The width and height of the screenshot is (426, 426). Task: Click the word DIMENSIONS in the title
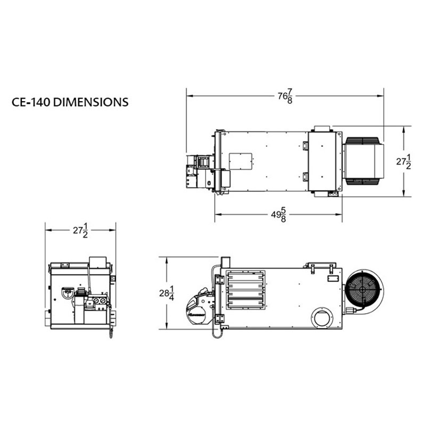[91, 102]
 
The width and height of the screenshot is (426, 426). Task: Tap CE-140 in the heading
[31, 102]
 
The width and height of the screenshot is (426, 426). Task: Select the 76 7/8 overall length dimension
[285, 96]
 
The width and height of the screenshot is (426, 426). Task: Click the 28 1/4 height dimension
[167, 293]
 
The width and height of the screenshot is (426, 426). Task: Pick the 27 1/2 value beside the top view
[404, 162]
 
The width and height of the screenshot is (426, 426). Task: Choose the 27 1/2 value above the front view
[80, 231]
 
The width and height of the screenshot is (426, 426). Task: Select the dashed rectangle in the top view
[241, 161]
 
